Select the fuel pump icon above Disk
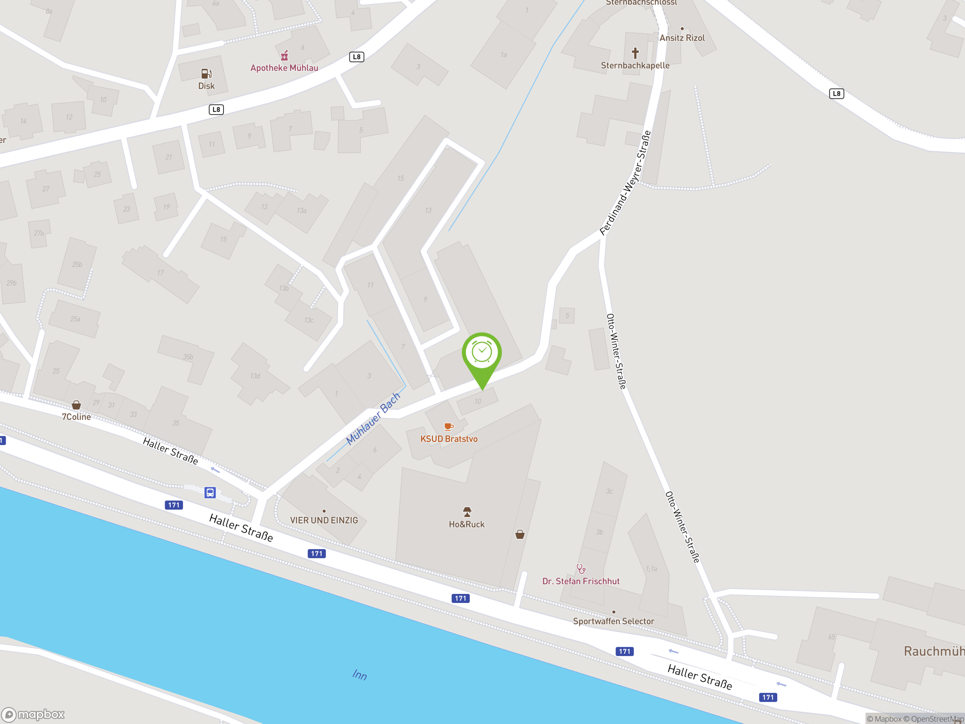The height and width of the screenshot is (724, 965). (206, 73)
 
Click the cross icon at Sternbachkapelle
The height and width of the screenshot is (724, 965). (635, 53)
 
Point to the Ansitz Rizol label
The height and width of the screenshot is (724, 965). (682, 38)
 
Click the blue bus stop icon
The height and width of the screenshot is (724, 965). (210, 493)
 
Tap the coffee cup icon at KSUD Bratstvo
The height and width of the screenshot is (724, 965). (449, 427)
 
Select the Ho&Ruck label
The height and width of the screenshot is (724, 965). (466, 524)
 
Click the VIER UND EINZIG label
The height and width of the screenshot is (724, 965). (324, 520)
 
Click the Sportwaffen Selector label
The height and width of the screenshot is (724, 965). (613, 621)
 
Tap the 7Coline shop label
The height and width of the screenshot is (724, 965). (77, 417)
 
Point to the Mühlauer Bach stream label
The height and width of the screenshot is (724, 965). (373, 419)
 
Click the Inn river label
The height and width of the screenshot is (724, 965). (360, 675)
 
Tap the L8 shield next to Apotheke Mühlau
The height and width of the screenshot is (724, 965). (357, 57)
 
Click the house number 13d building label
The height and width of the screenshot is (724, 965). (255, 376)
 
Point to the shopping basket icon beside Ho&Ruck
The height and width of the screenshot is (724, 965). (519, 535)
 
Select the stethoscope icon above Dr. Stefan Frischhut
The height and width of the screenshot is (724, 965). (581, 569)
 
